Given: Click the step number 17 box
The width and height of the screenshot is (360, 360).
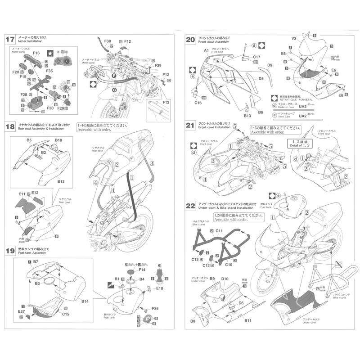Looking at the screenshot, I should (x=10, y=39).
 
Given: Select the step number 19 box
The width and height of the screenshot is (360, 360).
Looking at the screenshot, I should (x=10, y=250).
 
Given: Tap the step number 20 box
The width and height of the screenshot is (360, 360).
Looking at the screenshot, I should (x=190, y=40).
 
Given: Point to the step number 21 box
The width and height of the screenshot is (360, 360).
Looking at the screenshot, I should (x=190, y=126).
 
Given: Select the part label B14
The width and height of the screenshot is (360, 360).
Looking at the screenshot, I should (x=86, y=301).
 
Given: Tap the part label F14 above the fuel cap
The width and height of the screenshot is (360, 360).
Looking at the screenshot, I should (x=142, y=270).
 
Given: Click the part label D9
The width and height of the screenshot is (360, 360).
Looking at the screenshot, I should (x=270, y=65).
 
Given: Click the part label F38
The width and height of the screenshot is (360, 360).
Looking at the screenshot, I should (x=108, y=41).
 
